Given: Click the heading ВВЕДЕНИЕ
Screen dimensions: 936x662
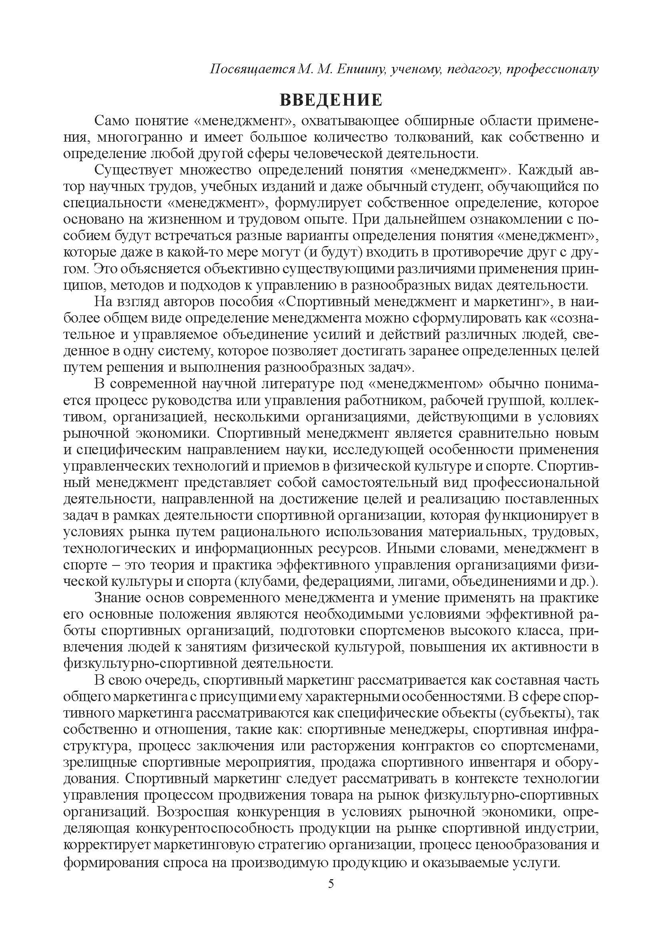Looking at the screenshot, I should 331,100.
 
